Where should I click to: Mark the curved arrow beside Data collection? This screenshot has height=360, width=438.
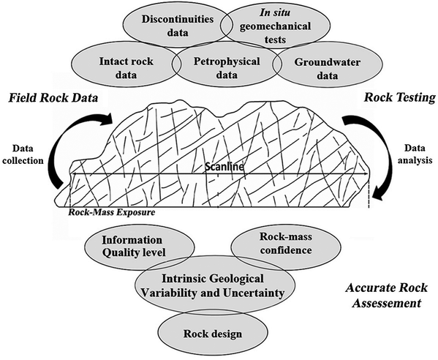pyautogui.click(x=75, y=157)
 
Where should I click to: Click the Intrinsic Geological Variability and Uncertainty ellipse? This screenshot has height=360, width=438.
pyautogui.click(x=219, y=285)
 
